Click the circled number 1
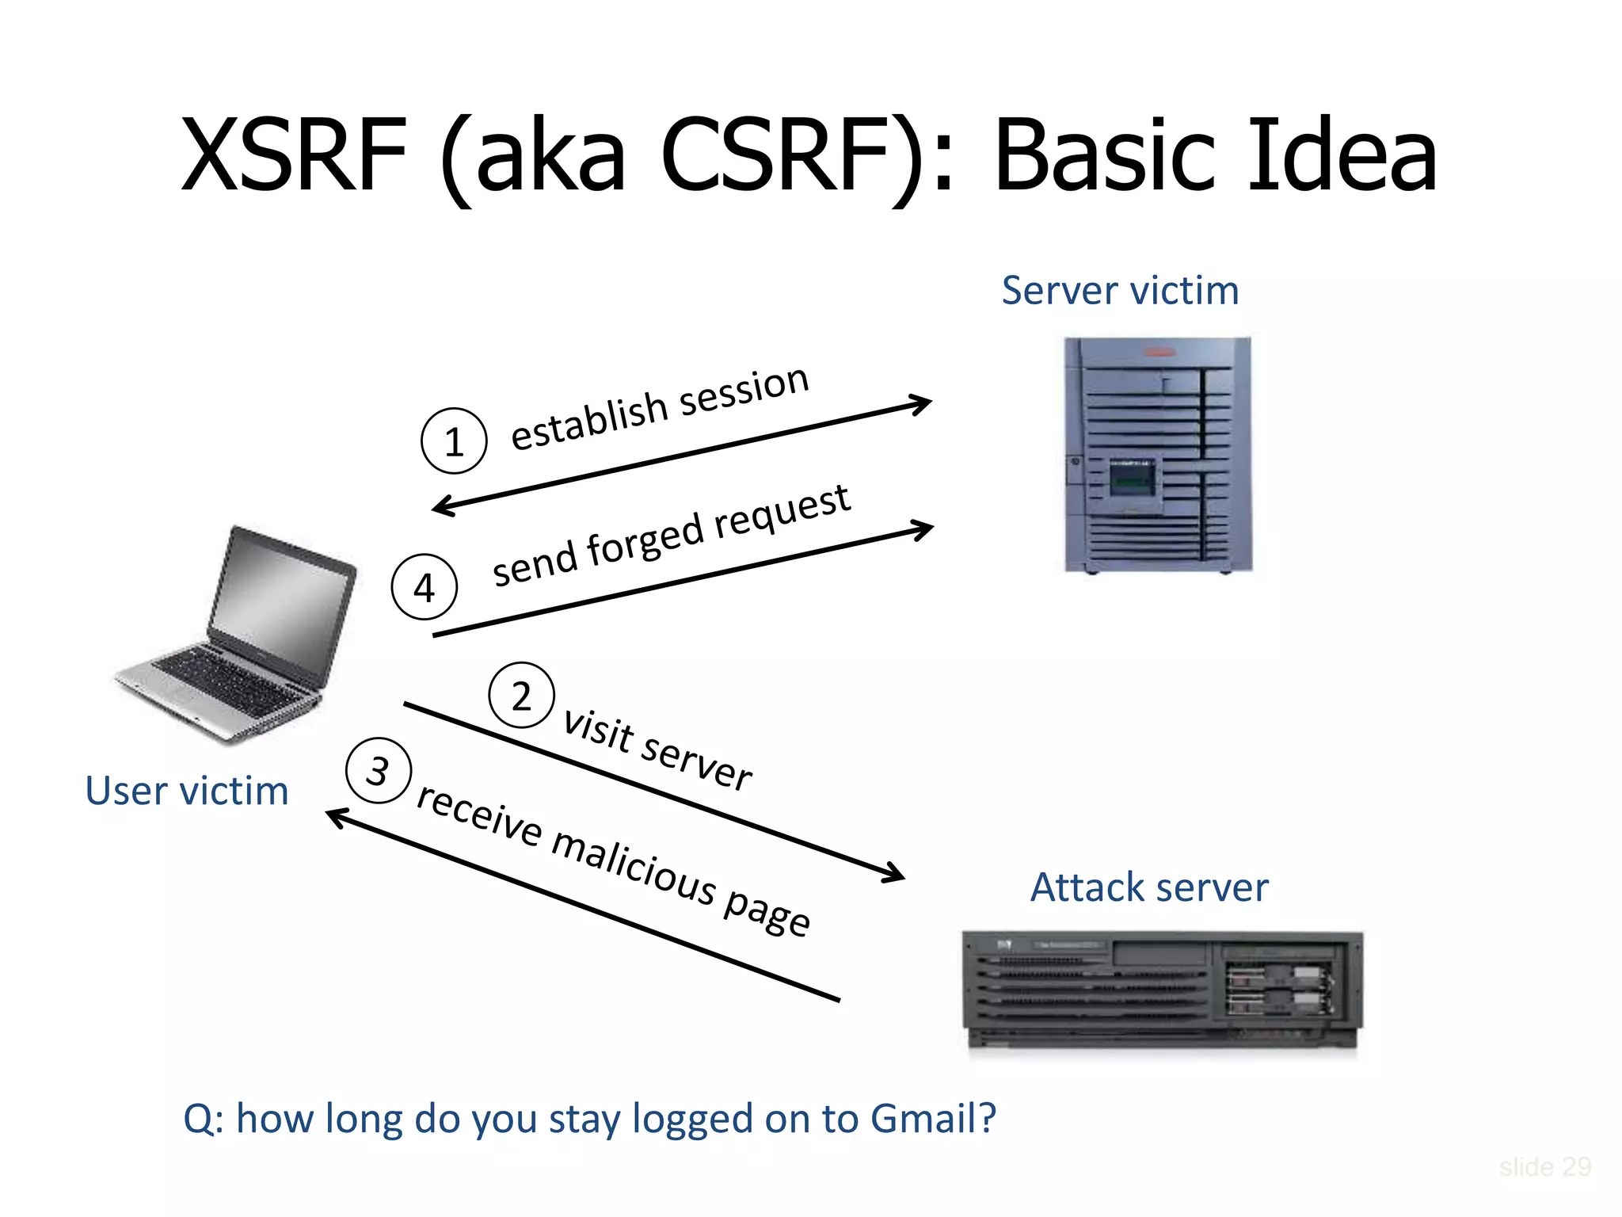click(x=453, y=441)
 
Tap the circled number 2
click(x=521, y=696)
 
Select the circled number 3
click(x=379, y=770)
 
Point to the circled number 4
click(x=425, y=587)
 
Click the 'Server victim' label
click(x=1120, y=291)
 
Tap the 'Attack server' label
click(x=1148, y=887)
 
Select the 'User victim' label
click(x=187, y=791)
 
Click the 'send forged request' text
click(x=670, y=536)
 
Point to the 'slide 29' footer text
click(x=1544, y=1166)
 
